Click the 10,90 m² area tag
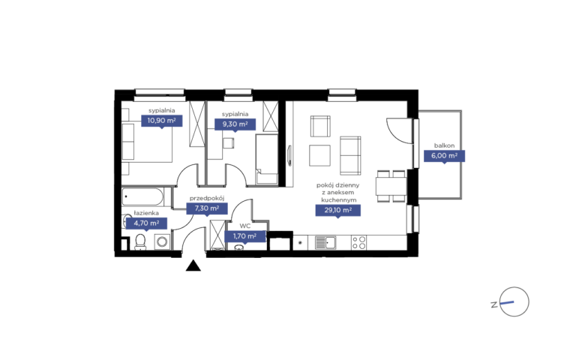(x=162, y=121)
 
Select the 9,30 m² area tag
(x=235, y=124)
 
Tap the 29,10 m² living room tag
(x=338, y=211)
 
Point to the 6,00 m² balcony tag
(x=444, y=156)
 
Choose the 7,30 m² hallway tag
(x=207, y=208)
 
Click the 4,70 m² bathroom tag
(x=146, y=223)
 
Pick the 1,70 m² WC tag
(x=245, y=236)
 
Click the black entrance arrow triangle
(x=193, y=265)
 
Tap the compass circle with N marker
(x=514, y=301)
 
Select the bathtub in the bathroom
(x=142, y=197)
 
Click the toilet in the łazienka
(x=140, y=242)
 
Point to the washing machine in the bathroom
(x=162, y=242)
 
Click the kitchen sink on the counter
(x=325, y=243)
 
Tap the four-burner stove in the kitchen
(x=358, y=243)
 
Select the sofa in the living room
(x=350, y=155)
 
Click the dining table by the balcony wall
(x=391, y=186)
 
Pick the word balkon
(x=444, y=145)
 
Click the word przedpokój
(x=207, y=198)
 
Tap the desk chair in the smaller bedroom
(x=229, y=143)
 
